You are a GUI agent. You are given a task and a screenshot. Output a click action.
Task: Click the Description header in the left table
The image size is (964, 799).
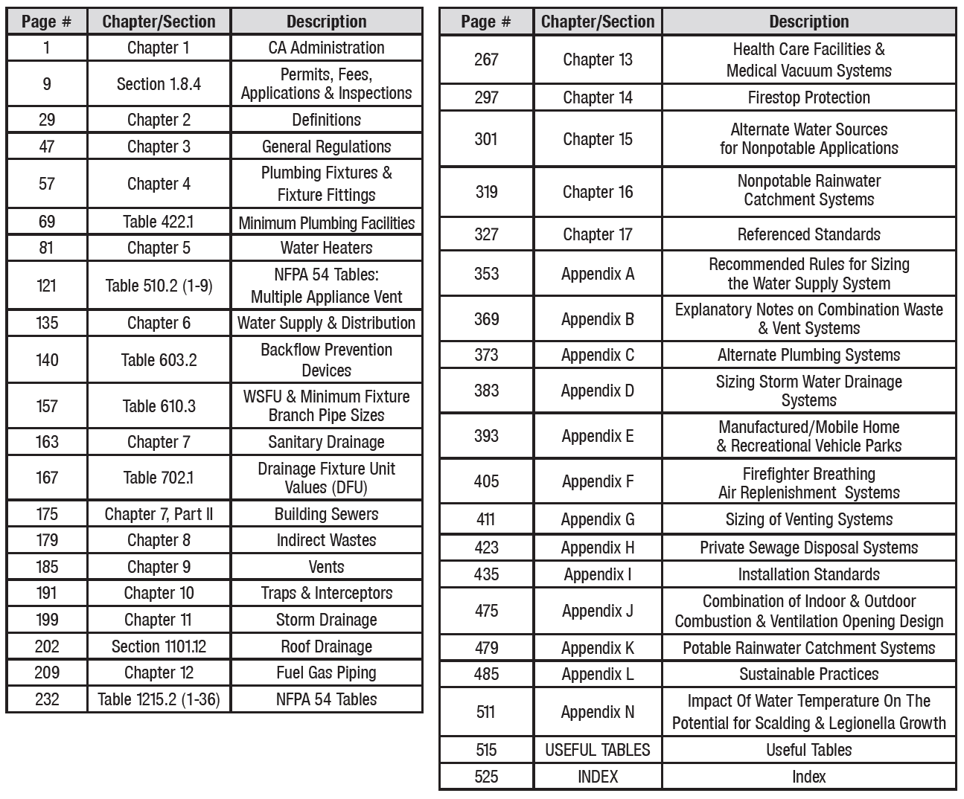click(326, 22)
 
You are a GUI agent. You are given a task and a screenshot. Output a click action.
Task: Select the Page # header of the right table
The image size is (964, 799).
click(485, 22)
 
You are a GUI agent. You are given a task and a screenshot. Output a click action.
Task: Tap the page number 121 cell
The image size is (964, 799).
click(47, 286)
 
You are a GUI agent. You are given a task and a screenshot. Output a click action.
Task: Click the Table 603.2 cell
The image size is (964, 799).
click(159, 360)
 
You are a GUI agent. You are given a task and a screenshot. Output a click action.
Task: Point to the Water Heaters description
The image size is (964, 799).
click(326, 248)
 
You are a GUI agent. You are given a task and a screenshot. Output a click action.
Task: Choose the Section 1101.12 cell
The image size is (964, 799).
click(159, 646)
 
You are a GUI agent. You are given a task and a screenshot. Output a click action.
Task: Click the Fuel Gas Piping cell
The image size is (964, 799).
click(326, 673)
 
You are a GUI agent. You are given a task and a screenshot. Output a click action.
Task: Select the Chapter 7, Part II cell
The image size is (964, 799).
click(159, 514)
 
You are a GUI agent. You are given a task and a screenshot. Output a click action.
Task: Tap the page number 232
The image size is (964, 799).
click(47, 699)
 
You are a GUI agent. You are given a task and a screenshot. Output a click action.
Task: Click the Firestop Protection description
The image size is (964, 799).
click(808, 97)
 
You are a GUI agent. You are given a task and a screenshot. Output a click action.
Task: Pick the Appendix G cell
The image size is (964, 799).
click(598, 519)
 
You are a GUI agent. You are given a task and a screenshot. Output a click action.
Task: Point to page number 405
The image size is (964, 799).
click(486, 481)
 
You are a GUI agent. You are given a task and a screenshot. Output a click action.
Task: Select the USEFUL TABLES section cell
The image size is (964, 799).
click(598, 750)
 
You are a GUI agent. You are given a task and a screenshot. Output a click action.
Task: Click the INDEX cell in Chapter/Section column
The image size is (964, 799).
click(598, 777)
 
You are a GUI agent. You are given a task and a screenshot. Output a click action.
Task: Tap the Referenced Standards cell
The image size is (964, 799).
click(808, 234)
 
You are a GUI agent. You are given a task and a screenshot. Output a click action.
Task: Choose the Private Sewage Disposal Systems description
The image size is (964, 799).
click(808, 548)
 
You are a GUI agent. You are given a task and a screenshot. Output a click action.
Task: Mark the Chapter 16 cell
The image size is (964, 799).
click(598, 192)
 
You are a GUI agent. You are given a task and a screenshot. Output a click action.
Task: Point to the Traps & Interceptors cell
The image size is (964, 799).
click(326, 593)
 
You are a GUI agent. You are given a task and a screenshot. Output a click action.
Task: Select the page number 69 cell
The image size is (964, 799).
click(47, 222)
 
